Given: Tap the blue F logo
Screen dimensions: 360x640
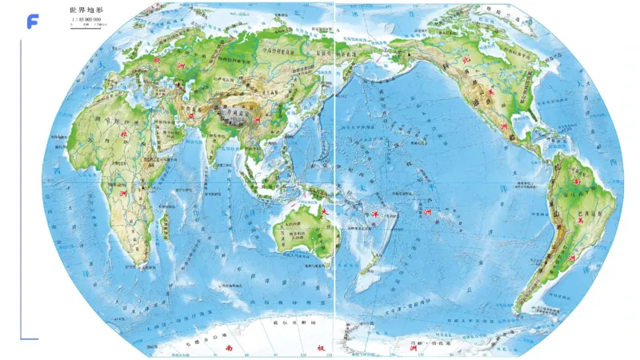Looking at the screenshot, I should point(32,22).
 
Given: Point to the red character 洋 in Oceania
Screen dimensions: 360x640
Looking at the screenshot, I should point(375,214).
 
